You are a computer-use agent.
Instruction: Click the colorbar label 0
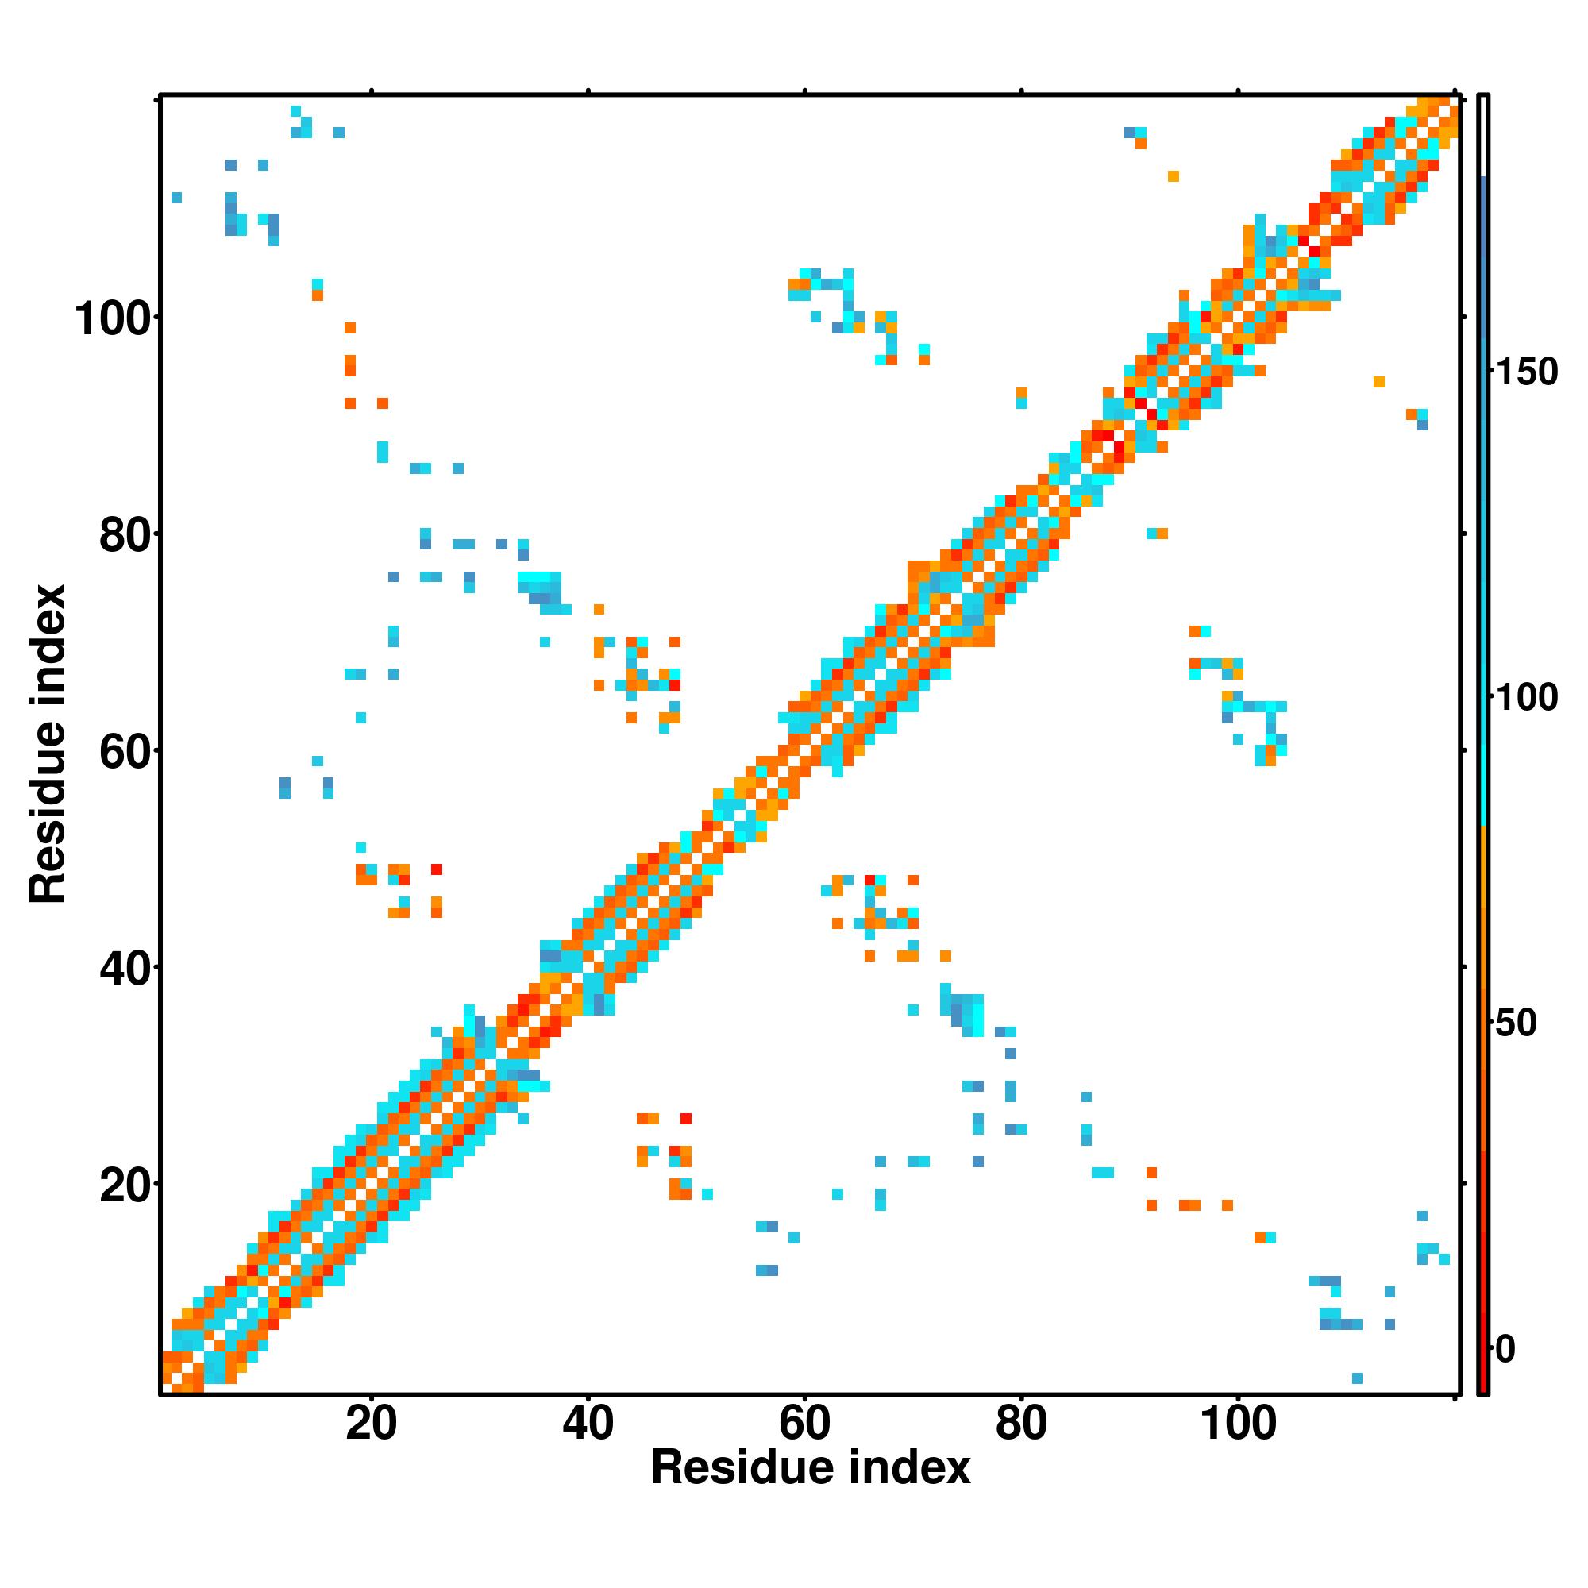click(1505, 1349)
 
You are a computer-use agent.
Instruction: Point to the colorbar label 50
click(1516, 1023)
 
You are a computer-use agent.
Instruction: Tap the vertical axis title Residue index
click(48, 744)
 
